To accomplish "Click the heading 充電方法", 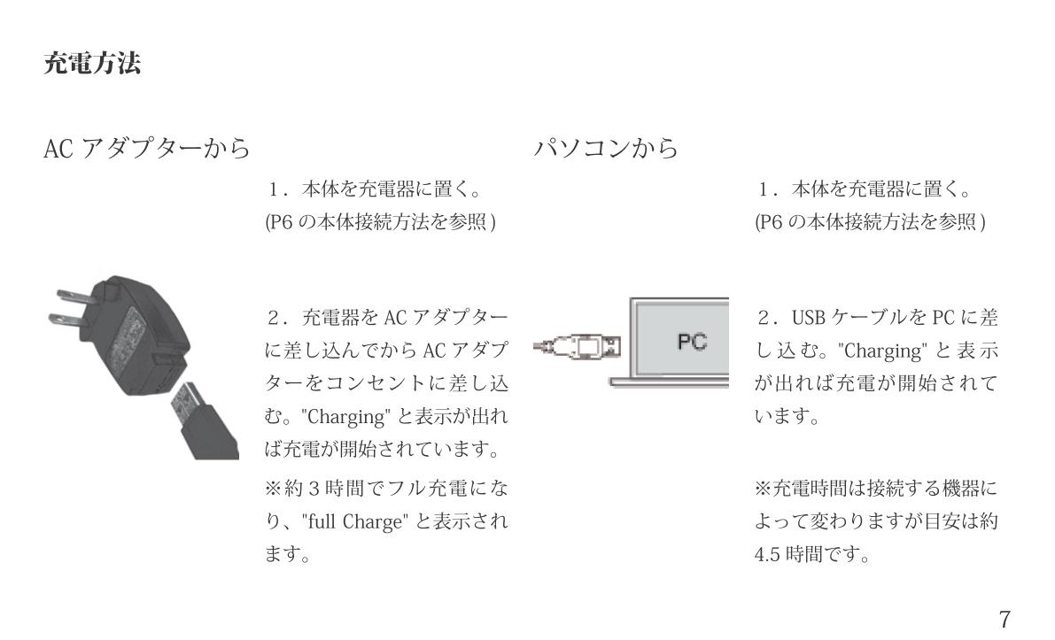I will click(92, 64).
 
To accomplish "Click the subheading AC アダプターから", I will click(146, 149).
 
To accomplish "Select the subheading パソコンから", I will click(606, 149).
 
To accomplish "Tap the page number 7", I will click(1004, 618).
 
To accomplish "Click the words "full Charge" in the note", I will click(353, 522).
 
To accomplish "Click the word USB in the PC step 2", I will click(807, 317).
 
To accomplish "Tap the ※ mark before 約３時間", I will click(275, 489).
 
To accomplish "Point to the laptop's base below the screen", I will click(670, 382).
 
